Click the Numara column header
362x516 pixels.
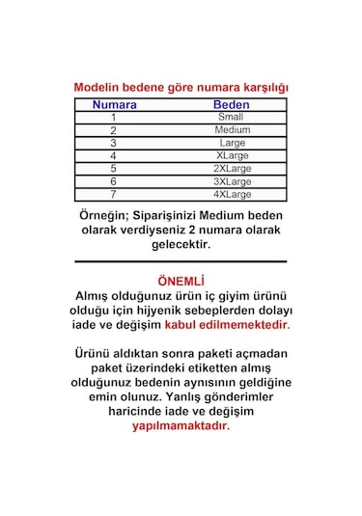tap(114, 104)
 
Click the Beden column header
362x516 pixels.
tap(231, 104)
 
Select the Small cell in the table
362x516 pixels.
tap(231, 117)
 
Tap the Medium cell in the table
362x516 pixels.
tap(233, 129)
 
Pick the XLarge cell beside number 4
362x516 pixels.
tap(233, 154)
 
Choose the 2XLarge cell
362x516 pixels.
tap(233, 168)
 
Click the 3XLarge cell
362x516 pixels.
tap(233, 180)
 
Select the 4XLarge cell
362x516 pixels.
tap(233, 194)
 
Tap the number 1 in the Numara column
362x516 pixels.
tap(113, 117)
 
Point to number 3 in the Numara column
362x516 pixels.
tap(113, 143)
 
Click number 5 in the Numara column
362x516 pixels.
tap(113, 168)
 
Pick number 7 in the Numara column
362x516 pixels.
tap(113, 194)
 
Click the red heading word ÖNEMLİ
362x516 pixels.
tap(181, 279)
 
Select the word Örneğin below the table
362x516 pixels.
tap(102, 214)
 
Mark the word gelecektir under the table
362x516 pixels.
tap(181, 245)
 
